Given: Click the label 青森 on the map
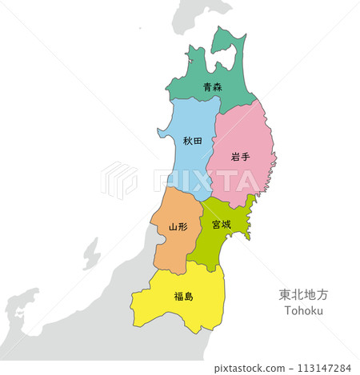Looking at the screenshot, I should click(x=212, y=87).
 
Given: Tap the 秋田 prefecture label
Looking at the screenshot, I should click(x=192, y=141).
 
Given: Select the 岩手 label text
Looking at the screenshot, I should click(x=240, y=157).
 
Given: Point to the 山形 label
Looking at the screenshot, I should click(x=178, y=226).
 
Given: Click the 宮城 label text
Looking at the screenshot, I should click(x=222, y=225).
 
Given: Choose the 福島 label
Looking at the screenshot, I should click(x=183, y=297).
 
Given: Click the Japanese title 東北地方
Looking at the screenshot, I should click(x=303, y=294).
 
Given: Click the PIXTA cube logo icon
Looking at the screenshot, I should click(x=119, y=180).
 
